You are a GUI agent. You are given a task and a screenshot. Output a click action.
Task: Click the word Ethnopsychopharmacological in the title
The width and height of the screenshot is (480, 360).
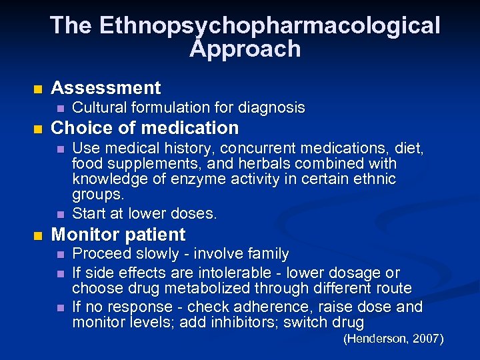[270, 25]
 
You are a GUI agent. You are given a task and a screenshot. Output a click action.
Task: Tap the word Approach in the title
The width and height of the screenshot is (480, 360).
[245, 49]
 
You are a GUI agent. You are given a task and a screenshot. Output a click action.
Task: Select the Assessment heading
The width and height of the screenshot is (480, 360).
[106, 88]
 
